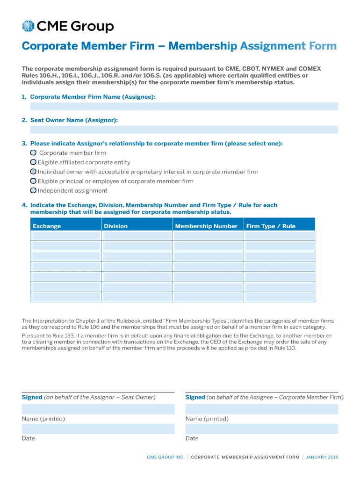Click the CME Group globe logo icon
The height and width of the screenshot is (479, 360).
pos(28,27)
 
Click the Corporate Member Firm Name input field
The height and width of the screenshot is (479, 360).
pos(184,106)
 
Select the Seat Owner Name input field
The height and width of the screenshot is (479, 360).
pos(184,130)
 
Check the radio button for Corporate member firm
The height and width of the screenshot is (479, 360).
pos(33,153)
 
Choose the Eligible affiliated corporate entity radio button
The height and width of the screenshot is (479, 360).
pos(33,162)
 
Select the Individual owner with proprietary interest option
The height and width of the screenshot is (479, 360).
pos(33,172)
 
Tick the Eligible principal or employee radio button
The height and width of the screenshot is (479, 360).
pos(33,181)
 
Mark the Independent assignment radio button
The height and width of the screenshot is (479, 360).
pos(33,190)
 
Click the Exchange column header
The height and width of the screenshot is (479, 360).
pos(47,226)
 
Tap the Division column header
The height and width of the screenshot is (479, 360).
pos(115,226)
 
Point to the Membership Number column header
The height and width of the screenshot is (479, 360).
pos(206,226)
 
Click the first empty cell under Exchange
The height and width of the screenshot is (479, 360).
pos(65,236)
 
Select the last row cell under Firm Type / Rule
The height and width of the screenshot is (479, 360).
pos(280,297)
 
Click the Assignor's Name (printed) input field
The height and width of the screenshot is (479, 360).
pos(98,409)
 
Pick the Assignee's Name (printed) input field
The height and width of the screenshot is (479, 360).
pos(261,409)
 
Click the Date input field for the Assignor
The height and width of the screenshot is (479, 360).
pos(98,429)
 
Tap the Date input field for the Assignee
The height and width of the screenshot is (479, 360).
pos(261,429)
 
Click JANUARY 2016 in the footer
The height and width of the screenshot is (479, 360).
pos(322,457)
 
